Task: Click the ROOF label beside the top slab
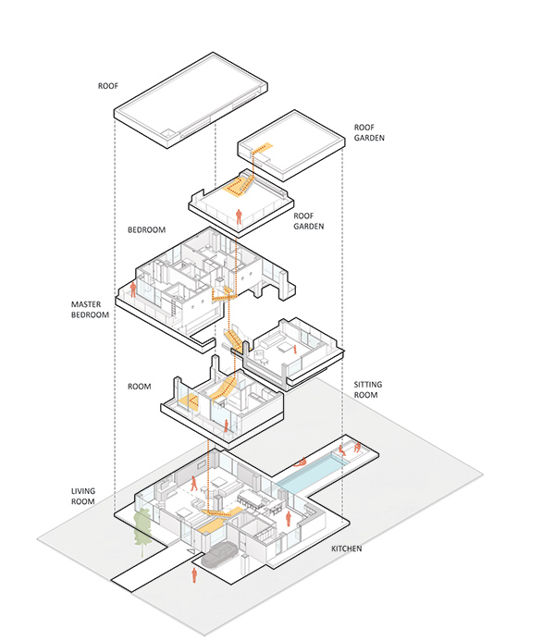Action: pyautogui.click(x=108, y=86)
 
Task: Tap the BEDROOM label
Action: pyautogui.click(x=147, y=229)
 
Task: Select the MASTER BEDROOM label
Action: pyautogui.click(x=90, y=310)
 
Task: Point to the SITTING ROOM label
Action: pyautogui.click(x=368, y=389)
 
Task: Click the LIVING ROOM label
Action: pyautogui.click(x=83, y=497)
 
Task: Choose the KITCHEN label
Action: pyautogui.click(x=347, y=549)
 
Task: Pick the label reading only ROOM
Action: pyautogui.click(x=140, y=387)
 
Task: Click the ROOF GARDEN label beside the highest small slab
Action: pyautogui.click(x=369, y=132)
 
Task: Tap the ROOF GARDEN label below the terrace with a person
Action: pyautogui.click(x=309, y=221)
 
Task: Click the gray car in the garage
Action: pyautogui.click(x=219, y=554)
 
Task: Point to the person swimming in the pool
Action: pyautogui.click(x=301, y=462)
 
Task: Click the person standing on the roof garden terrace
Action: pyautogui.click(x=239, y=216)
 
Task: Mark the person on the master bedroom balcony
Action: pyautogui.click(x=133, y=290)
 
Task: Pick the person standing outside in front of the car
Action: pyautogui.click(x=194, y=575)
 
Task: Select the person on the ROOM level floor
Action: pyautogui.click(x=226, y=426)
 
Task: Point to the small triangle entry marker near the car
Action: pyautogui.click(x=190, y=552)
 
